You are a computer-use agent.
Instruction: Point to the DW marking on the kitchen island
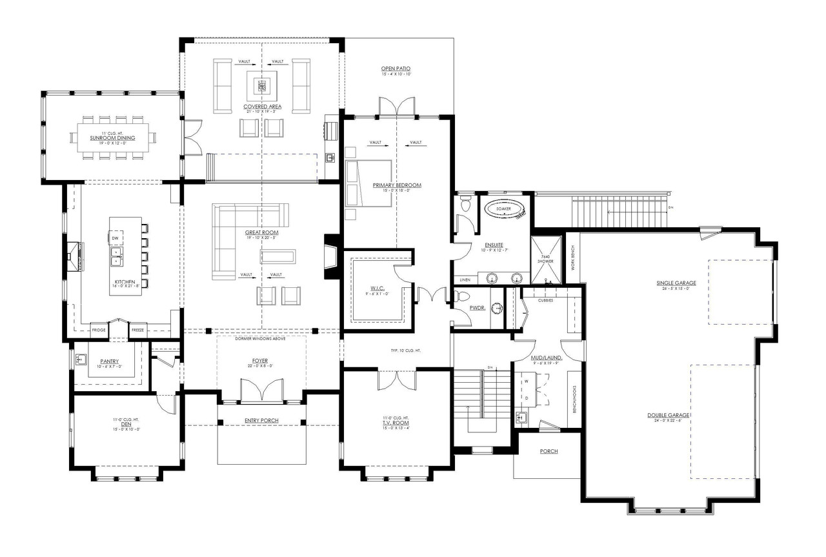coord(116,239)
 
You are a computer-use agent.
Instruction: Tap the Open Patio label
coord(396,68)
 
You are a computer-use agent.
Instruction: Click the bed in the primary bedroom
coord(369,183)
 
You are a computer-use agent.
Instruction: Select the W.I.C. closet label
coord(378,289)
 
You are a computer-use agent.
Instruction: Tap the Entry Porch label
coord(261,421)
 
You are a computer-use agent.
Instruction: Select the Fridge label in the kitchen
coord(99,330)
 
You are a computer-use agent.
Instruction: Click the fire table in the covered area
coord(261,84)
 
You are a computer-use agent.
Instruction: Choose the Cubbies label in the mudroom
coord(546,300)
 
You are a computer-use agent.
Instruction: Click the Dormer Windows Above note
coord(261,338)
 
